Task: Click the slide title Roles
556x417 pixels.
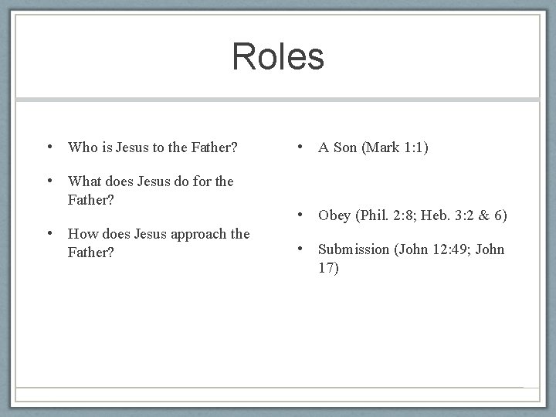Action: click(278, 56)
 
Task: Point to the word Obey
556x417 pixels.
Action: click(334, 215)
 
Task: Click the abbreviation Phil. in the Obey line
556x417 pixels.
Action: click(376, 215)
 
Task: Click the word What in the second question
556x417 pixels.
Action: click(85, 181)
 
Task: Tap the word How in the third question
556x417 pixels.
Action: click(82, 233)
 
